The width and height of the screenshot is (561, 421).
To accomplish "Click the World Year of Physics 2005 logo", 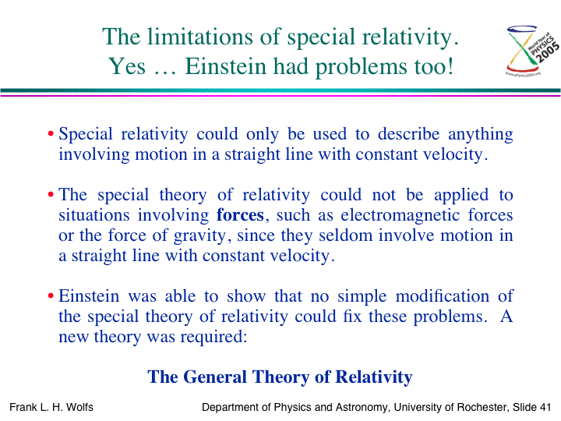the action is [x=532, y=50].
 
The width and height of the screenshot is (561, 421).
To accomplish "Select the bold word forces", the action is [x=240, y=215].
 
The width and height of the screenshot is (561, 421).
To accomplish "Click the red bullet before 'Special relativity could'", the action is [x=51, y=134].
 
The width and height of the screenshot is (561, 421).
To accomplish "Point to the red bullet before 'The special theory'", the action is [x=51, y=195].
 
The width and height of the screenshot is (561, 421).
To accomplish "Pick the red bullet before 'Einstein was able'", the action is [x=51, y=296].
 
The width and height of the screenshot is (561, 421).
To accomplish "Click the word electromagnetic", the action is [x=400, y=215].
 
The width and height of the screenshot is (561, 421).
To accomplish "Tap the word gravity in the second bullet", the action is [x=200, y=236].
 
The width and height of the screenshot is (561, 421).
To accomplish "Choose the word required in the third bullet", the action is [x=213, y=338].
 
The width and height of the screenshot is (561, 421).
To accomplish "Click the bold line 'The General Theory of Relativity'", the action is [x=280, y=377].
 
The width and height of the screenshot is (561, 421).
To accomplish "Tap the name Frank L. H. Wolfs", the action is [x=51, y=407].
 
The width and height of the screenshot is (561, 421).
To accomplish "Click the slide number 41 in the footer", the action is [x=545, y=407].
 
